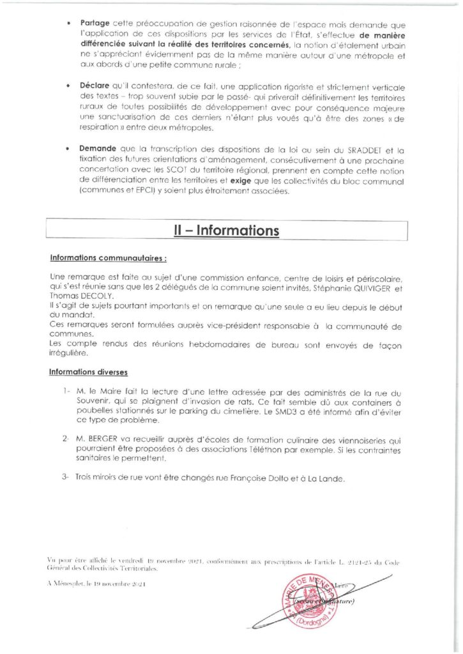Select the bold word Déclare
click(x=96, y=86)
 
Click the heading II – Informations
click(x=226, y=231)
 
